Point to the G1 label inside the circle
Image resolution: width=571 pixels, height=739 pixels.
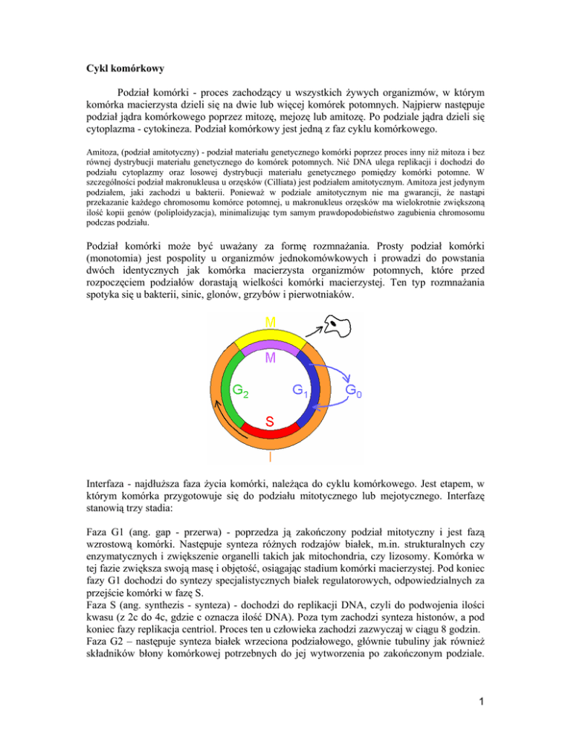pos(299,390)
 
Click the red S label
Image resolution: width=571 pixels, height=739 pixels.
pos(271,421)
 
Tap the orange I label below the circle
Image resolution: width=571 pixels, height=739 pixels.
pos(270,459)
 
